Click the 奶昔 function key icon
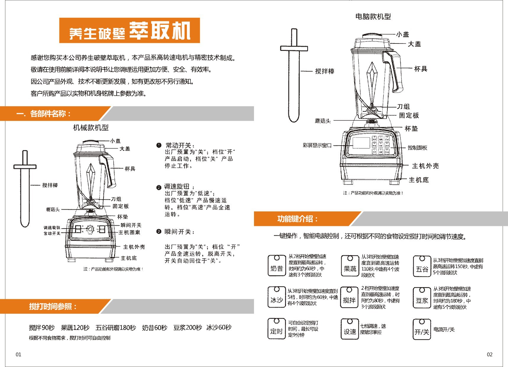click(x=276, y=266)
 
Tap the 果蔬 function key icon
click(x=350, y=266)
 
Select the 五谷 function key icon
click(x=422, y=266)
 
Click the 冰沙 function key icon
click(x=276, y=297)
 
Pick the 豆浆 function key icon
click(x=422, y=298)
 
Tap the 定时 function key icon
click(x=276, y=329)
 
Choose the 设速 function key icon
click(x=350, y=329)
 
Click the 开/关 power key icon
click(x=422, y=329)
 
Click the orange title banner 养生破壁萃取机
click(x=130, y=30)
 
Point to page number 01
click(x=18, y=355)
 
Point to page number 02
click(x=489, y=355)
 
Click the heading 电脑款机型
click(x=373, y=17)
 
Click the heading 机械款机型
click(x=91, y=128)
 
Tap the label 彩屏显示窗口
click(x=317, y=145)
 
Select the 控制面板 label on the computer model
click(x=417, y=148)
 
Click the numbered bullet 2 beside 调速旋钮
click(x=159, y=187)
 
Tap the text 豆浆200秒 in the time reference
click(x=187, y=328)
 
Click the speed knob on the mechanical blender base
click(x=90, y=229)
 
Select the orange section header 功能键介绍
click(x=297, y=219)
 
